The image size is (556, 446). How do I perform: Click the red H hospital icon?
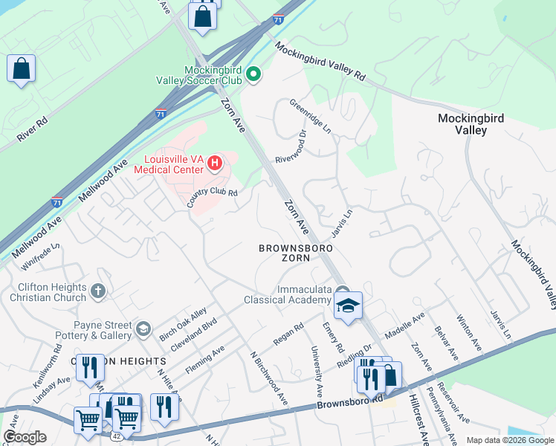pyautogui.click(x=215, y=163)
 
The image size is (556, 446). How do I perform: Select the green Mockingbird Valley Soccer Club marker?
pyautogui.click(x=253, y=73)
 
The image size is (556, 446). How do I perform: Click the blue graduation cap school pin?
pyautogui.click(x=347, y=306)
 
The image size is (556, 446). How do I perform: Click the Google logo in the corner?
pyautogui.click(x=25, y=437)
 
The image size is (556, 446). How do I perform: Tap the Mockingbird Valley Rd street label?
pyautogui.click(x=321, y=61)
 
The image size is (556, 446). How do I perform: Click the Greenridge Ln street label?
pyautogui.click(x=310, y=117)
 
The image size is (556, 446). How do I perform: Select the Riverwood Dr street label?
pyautogui.click(x=291, y=149)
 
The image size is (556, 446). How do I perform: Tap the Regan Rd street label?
pyautogui.click(x=288, y=332)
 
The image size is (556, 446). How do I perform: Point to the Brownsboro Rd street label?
pyautogui.click(x=349, y=403)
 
